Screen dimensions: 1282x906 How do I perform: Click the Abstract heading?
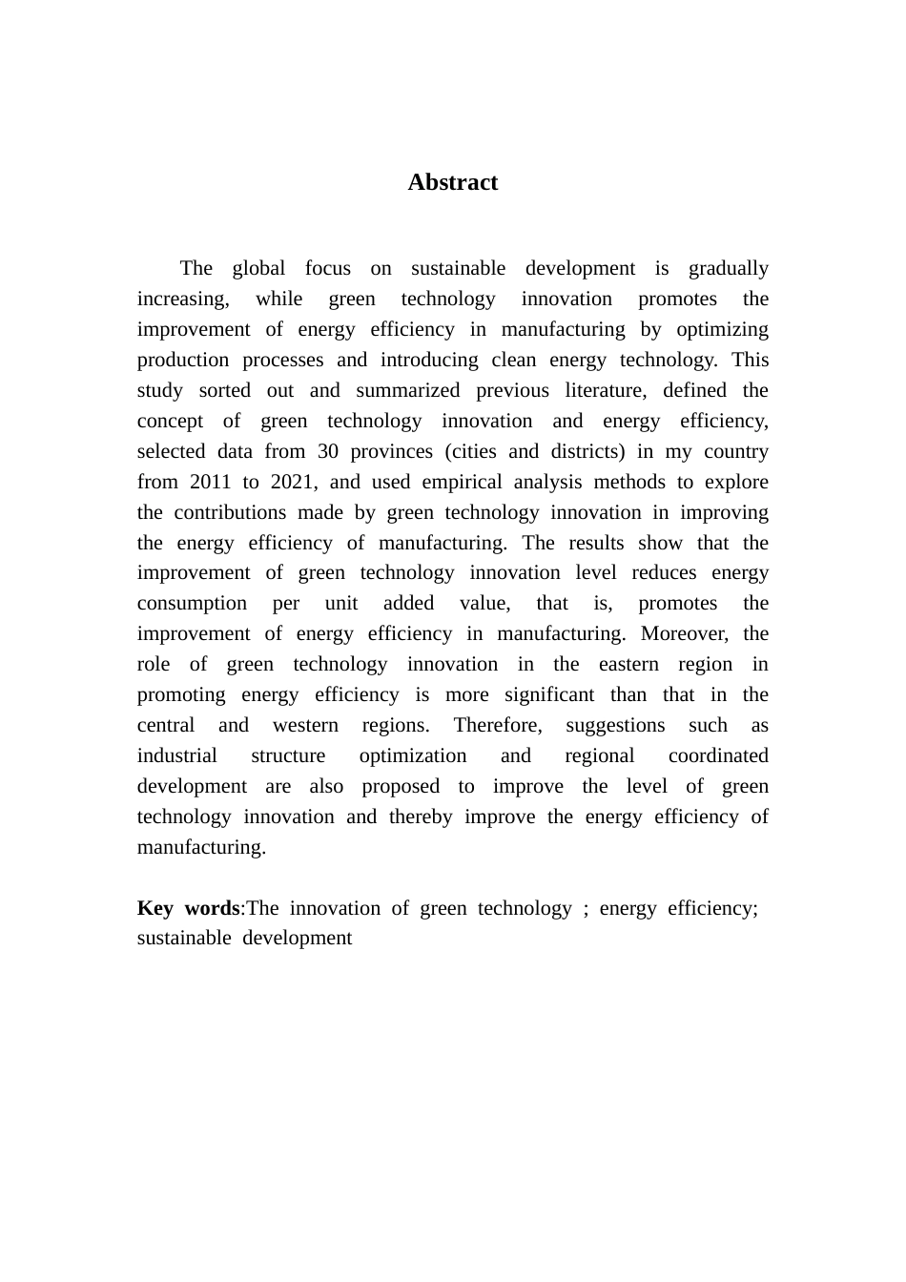(x=452, y=182)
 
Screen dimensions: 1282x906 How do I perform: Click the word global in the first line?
(x=259, y=268)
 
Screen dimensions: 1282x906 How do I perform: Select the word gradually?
(x=729, y=268)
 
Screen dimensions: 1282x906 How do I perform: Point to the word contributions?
(x=230, y=512)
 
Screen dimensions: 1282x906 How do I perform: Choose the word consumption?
(x=192, y=603)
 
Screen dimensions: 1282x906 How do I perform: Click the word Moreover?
(x=685, y=633)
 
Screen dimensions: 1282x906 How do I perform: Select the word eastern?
(x=628, y=664)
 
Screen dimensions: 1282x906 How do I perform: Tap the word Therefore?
(x=498, y=725)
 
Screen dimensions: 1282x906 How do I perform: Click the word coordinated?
(x=718, y=755)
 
